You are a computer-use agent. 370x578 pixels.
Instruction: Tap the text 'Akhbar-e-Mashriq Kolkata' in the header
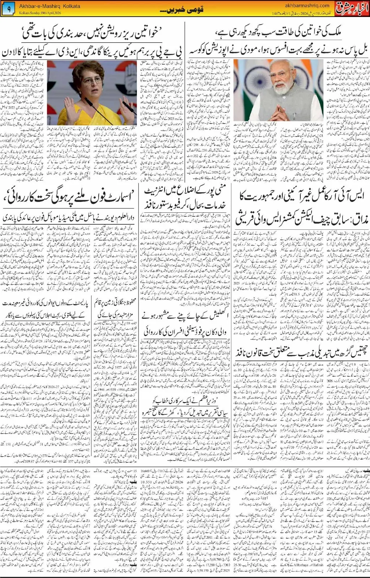(x=49, y=6)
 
